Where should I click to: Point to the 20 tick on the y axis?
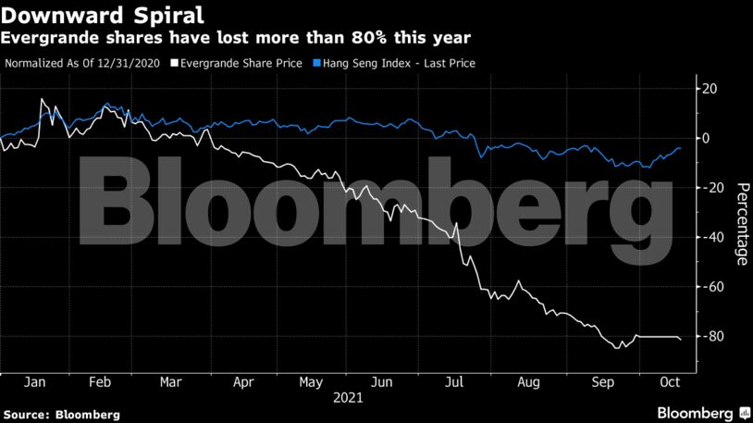point(711,89)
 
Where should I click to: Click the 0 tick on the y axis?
point(708,138)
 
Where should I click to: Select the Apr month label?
point(243,380)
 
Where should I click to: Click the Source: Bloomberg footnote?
point(61,414)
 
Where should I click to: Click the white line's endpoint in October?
point(682,340)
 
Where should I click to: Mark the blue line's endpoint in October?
point(681,148)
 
